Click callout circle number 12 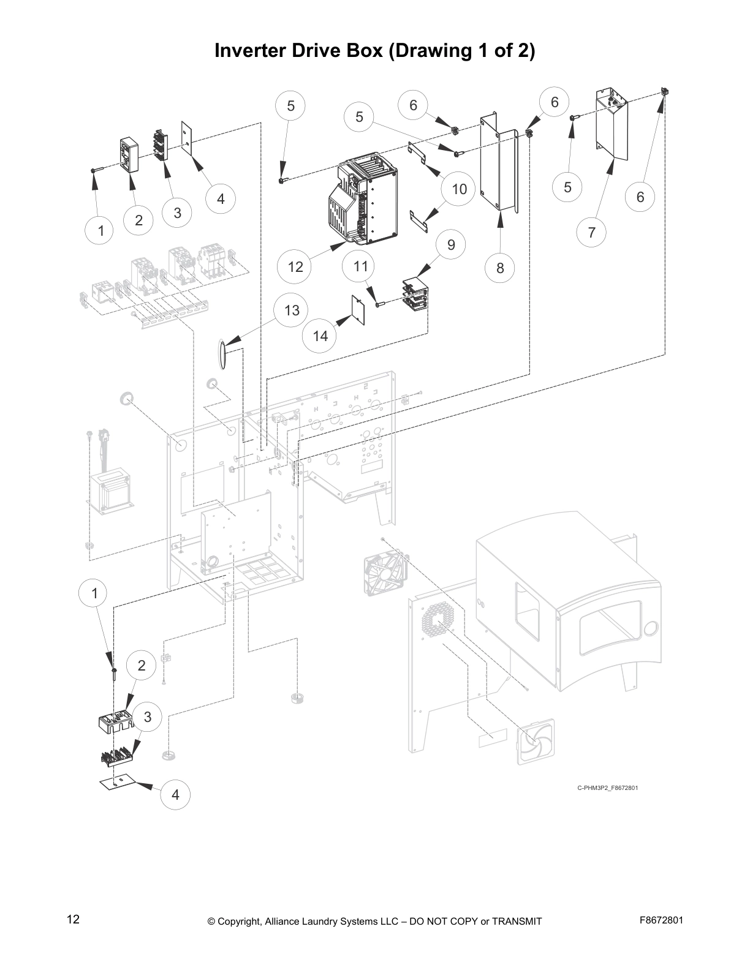pos(295,266)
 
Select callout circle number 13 pos(292,310)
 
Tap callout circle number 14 pos(320,336)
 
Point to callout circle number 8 pos(501,268)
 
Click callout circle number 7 pos(591,232)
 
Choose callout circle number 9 pos(452,244)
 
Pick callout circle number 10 pos(459,189)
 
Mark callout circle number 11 pos(361,266)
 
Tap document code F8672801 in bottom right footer pos(661,920)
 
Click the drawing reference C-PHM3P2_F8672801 pos(607,788)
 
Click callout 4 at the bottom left pos(176,795)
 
